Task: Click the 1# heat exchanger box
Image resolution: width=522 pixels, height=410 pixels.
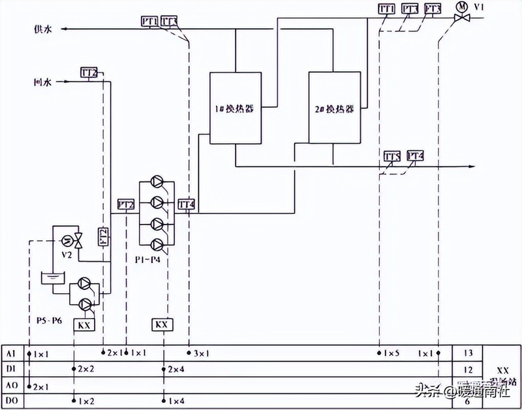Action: click(x=235, y=108)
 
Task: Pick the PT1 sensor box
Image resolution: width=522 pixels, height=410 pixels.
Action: click(x=149, y=22)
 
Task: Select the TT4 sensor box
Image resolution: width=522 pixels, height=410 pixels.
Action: click(x=187, y=204)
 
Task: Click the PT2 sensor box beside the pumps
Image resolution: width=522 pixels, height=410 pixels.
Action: click(x=126, y=204)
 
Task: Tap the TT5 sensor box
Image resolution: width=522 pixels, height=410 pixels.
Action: click(x=391, y=156)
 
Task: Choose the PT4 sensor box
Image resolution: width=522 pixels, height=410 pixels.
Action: click(x=415, y=156)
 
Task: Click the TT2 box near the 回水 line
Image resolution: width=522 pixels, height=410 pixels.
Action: click(x=89, y=72)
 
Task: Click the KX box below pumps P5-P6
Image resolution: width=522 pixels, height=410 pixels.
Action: click(x=84, y=324)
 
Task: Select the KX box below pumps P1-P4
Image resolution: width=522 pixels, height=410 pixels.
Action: click(x=162, y=324)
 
